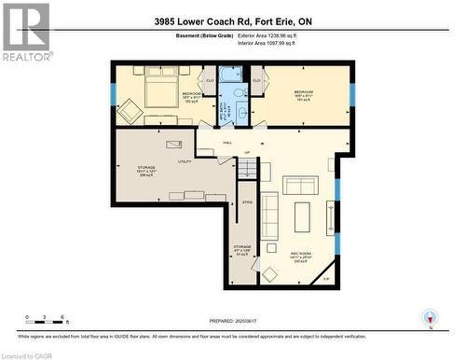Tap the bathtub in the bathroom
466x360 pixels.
(230, 76)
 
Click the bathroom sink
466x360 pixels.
(240, 113)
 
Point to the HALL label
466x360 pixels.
(227, 143)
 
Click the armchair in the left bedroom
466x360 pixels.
(129, 112)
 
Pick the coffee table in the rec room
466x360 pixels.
(302, 216)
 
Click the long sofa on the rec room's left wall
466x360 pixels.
(269, 215)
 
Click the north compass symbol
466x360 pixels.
(429, 317)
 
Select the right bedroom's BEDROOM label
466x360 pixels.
(304, 92)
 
